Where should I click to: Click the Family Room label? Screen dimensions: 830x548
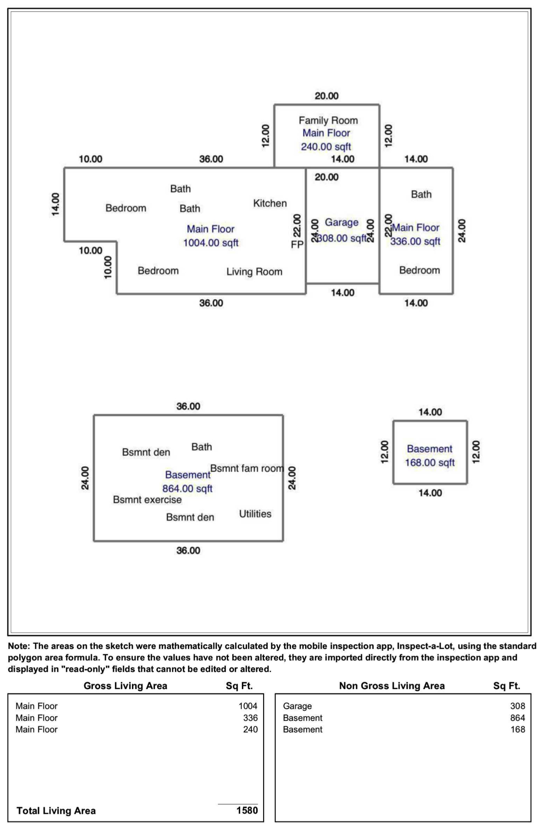pos(328,120)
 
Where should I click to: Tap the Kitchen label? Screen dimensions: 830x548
pos(270,204)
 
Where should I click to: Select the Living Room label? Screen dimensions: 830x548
pos(254,272)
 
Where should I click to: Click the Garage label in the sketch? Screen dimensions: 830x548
pos(341,222)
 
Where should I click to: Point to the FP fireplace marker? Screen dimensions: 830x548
pos(297,244)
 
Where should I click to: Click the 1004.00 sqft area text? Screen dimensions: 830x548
pos(211,243)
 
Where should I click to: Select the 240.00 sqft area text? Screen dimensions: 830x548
pos(326,147)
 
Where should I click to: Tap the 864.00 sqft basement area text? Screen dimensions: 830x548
pos(187,489)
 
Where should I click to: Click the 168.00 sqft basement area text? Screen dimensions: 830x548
pos(429,463)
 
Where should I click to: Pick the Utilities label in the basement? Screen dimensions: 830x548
pos(255,514)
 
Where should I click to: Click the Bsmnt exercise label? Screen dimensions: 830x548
pos(147,500)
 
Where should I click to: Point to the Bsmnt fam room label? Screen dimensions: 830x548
pos(246,468)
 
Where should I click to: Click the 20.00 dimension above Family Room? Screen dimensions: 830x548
pos(326,96)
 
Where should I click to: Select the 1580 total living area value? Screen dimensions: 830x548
pos(247,810)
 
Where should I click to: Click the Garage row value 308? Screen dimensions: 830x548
pos(517,706)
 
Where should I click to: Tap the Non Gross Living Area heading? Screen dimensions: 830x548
pos(391,686)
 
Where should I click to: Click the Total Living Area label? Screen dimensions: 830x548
pos(56,811)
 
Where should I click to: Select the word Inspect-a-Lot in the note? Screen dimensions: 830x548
pos(422,646)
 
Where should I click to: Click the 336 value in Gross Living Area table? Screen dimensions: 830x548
pos(250,718)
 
